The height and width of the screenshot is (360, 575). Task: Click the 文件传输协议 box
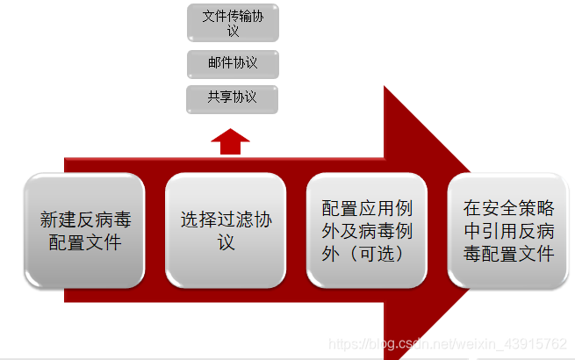point(233,23)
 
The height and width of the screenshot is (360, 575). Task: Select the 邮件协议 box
point(233,63)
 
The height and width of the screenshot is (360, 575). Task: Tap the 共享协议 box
point(233,97)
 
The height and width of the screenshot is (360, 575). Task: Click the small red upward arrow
point(230,140)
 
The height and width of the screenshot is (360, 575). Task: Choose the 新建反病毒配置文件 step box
point(84,231)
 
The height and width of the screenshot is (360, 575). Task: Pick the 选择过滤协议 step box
point(226,231)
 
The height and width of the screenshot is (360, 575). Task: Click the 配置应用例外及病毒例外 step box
point(366,231)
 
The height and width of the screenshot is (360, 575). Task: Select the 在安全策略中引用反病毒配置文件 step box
point(509,231)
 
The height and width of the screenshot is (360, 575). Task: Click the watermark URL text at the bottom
point(446,344)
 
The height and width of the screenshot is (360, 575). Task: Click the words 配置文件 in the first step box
point(84,242)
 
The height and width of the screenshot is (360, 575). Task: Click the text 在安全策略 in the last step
point(509,208)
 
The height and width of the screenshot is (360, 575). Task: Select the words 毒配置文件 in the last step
point(509,255)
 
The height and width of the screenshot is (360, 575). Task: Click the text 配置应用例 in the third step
point(367,208)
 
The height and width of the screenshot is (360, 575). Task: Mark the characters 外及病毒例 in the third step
point(367,231)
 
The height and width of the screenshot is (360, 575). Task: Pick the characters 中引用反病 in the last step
point(509,231)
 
